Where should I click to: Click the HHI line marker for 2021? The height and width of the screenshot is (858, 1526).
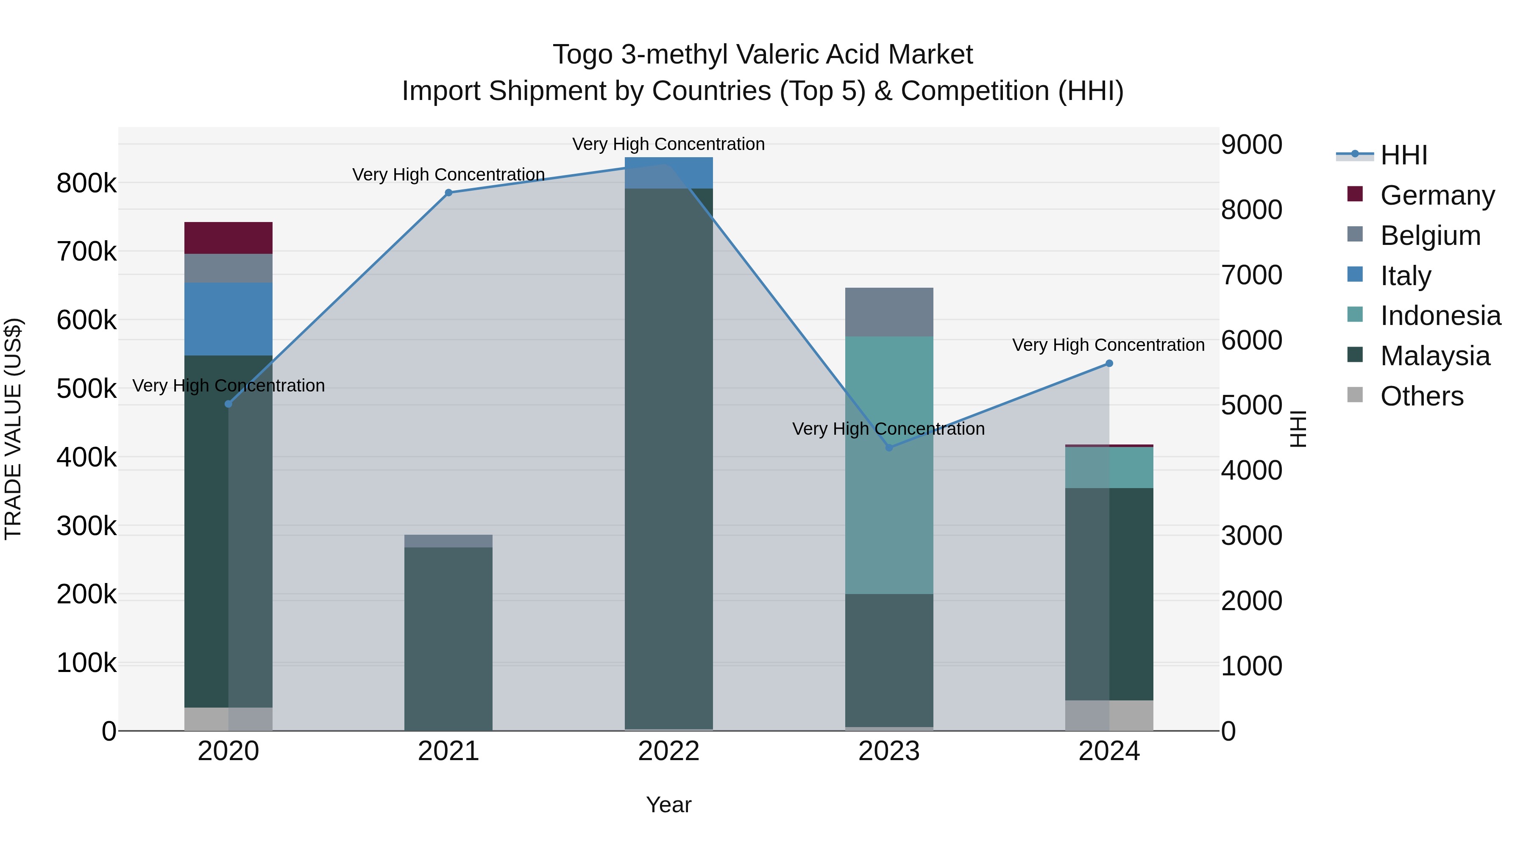click(x=448, y=192)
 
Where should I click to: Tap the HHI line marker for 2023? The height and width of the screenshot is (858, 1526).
click(x=888, y=448)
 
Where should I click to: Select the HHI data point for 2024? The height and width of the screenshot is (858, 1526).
click(x=1109, y=364)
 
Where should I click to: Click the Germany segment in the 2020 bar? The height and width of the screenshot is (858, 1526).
click(x=228, y=238)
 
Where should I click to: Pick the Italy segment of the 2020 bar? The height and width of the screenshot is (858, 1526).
click(x=228, y=319)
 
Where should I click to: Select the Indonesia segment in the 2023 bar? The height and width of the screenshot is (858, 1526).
click(x=888, y=465)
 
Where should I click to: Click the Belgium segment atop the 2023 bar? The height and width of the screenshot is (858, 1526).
click(x=888, y=312)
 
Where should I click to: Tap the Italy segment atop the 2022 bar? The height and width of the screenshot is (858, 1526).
click(x=669, y=173)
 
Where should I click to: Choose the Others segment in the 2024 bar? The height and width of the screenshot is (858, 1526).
click(x=1109, y=715)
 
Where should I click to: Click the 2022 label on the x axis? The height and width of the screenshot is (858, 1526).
click(x=669, y=751)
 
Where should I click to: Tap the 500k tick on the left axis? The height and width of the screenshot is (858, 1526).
click(x=86, y=389)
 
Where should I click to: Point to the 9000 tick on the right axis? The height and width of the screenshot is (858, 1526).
click(x=1251, y=144)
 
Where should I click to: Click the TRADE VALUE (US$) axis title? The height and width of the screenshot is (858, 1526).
click(x=13, y=429)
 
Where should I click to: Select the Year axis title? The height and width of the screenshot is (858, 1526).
click(x=669, y=805)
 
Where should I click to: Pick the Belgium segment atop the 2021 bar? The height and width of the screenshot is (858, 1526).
click(x=448, y=541)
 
